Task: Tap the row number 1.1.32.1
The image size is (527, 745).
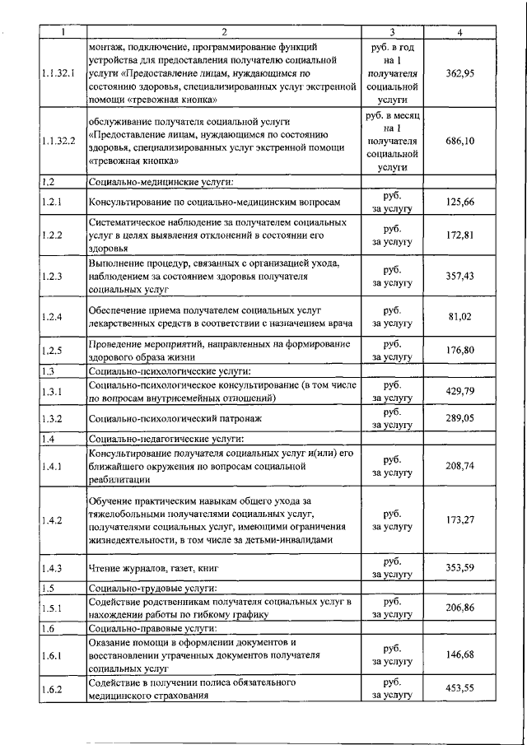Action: coord(58,73)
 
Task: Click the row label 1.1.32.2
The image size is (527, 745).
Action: coord(58,142)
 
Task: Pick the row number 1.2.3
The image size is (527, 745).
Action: coord(51,277)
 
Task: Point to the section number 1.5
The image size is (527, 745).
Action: coord(48,588)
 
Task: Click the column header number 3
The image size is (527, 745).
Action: coord(392,32)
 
